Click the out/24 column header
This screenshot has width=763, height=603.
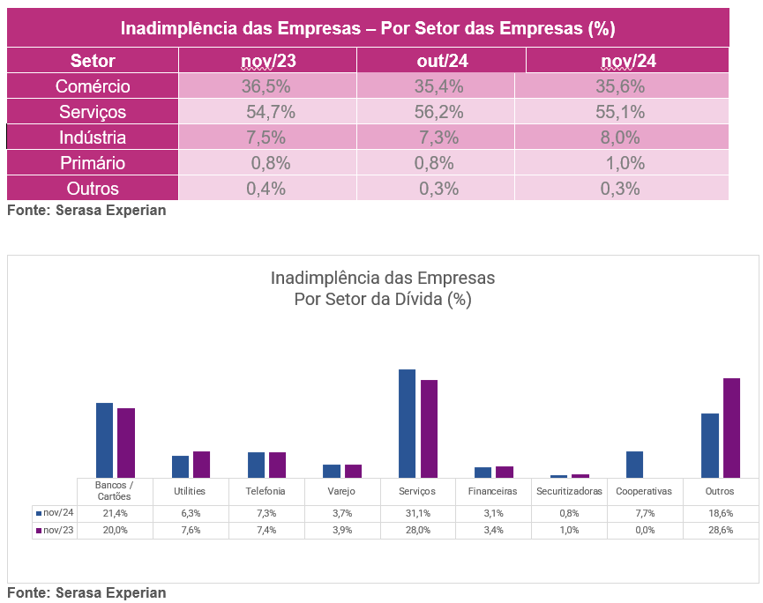pyautogui.click(x=442, y=61)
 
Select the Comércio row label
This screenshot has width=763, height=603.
pyautogui.click(x=93, y=86)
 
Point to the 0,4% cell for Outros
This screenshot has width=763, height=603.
pyautogui.click(x=266, y=189)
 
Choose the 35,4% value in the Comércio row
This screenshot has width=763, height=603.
pyautogui.click(x=439, y=86)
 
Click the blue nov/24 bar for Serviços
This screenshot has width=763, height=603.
pyautogui.click(x=407, y=423)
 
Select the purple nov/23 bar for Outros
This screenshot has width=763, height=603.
pyautogui.click(x=731, y=428)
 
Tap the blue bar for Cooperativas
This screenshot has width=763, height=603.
pyautogui.click(x=634, y=464)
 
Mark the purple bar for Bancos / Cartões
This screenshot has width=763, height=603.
pyautogui.click(x=126, y=443)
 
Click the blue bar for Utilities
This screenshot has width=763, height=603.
pyautogui.click(x=180, y=466)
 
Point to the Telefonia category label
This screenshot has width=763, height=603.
pyautogui.click(x=266, y=491)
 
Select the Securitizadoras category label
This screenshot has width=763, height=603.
pyautogui.click(x=569, y=491)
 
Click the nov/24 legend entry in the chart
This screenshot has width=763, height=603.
pyautogui.click(x=55, y=512)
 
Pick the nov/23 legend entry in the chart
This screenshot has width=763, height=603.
pyautogui.click(x=55, y=530)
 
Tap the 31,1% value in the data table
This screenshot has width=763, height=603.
pyautogui.click(x=418, y=512)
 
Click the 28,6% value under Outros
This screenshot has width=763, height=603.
pyautogui.click(x=720, y=530)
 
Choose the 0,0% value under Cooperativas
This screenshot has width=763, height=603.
pyautogui.click(x=645, y=530)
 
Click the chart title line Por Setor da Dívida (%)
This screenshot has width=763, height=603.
pyautogui.click(x=383, y=299)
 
